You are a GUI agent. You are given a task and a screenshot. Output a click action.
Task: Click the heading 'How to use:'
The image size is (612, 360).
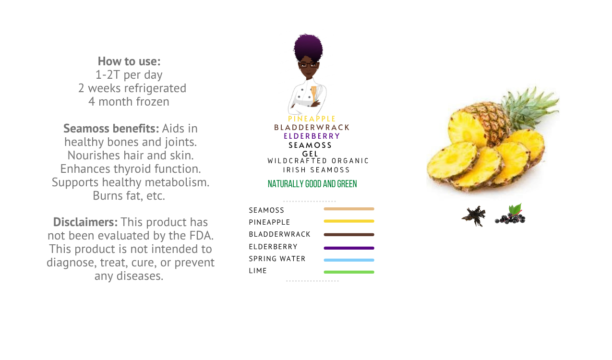pyautogui.click(x=129, y=61)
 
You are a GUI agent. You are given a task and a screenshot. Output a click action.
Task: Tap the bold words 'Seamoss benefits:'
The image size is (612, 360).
pyautogui.click(x=111, y=128)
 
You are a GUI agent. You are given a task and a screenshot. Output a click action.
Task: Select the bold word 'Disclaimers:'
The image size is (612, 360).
pyautogui.click(x=85, y=222)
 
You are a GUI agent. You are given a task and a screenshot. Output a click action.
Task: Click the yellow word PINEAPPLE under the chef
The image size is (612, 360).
pyautogui.click(x=312, y=119)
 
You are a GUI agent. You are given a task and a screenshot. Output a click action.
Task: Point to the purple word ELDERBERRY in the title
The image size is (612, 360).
pyautogui.click(x=312, y=136)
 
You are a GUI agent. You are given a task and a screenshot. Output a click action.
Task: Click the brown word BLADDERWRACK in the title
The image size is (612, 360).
pyautogui.click(x=312, y=128)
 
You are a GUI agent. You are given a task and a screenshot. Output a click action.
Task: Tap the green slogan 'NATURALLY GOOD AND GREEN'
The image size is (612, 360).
pyautogui.click(x=312, y=184)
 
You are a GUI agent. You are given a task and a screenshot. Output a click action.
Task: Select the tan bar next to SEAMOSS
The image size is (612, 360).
pyautogui.click(x=349, y=209)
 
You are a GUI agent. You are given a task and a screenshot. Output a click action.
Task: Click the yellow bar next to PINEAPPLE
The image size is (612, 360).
pyautogui.click(x=349, y=221)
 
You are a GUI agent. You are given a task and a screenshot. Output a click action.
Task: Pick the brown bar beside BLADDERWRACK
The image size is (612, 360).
pyautogui.click(x=349, y=235)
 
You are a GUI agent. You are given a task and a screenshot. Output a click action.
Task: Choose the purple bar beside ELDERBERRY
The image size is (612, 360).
pyautogui.click(x=349, y=248)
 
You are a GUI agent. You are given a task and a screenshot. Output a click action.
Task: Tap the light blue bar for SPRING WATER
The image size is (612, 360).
pyautogui.click(x=349, y=260)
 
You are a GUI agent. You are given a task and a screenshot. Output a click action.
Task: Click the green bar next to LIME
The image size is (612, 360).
pyautogui.click(x=349, y=272)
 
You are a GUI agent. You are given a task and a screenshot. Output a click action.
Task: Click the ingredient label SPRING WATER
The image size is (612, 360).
pyautogui.click(x=277, y=259)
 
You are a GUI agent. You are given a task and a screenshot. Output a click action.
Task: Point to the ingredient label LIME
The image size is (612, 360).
pyautogui.click(x=258, y=271)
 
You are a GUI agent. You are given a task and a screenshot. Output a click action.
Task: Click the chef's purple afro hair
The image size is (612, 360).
pyautogui.click(x=308, y=47)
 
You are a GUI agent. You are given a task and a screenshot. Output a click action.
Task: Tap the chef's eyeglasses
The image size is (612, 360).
pyautogui.click(x=308, y=65)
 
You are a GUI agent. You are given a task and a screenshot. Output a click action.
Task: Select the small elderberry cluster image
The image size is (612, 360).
pyautogui.click(x=510, y=215)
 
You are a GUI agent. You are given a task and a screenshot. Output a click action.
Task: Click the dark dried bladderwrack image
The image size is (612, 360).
pyautogui.click(x=474, y=216)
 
